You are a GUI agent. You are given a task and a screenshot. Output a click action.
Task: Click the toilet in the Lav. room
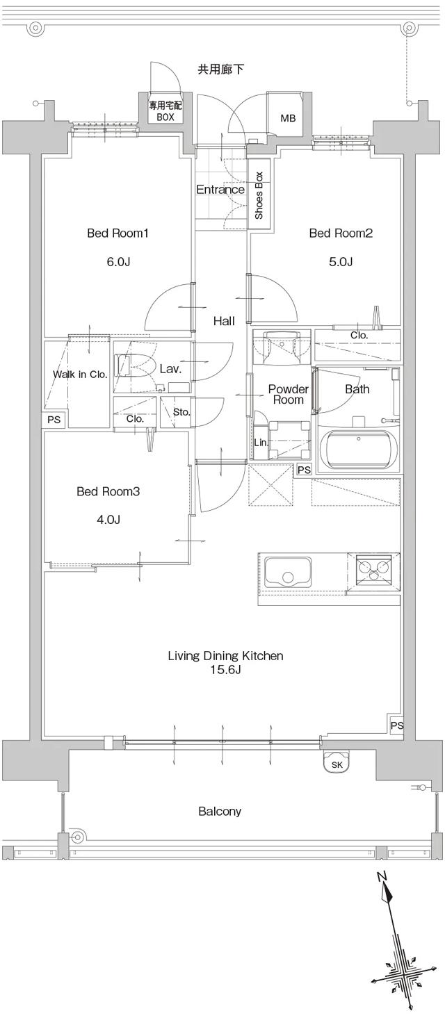tap(133, 366)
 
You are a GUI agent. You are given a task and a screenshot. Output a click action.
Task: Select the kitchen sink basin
tap(287, 574)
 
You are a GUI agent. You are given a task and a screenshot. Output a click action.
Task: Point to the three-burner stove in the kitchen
tap(373, 568)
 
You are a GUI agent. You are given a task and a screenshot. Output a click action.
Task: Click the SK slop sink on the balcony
tap(337, 764)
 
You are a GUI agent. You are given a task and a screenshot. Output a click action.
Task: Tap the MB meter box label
tap(288, 118)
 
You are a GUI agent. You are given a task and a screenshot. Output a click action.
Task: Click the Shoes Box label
tap(259, 195)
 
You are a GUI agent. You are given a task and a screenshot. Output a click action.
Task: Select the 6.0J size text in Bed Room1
tap(118, 262)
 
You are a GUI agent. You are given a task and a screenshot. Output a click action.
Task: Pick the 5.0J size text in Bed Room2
tap(341, 262)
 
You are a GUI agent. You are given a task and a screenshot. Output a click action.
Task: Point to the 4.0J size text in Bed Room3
tap(108, 519)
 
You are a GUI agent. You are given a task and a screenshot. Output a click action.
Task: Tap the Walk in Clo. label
tap(80, 375)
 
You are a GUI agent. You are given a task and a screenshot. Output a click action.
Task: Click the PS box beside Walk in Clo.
tap(54, 420)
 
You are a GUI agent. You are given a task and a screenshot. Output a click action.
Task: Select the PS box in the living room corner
tap(396, 725)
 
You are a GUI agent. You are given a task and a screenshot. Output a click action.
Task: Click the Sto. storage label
tap(181, 412)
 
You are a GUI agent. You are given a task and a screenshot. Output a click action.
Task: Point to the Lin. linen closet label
tap(261, 442)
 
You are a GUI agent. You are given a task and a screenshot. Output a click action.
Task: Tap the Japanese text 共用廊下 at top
tap(220, 69)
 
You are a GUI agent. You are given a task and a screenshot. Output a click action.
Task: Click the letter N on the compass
tap(382, 876)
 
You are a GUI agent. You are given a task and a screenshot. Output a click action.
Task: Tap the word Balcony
tap(220, 811)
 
